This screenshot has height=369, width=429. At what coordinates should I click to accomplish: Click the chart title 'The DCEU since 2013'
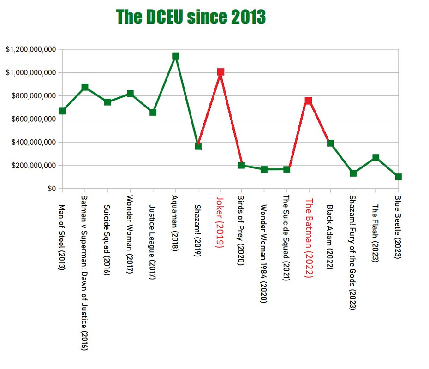(191, 17)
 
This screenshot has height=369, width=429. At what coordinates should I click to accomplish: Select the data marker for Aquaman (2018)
(175, 56)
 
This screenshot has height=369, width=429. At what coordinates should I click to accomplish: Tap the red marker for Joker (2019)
(220, 72)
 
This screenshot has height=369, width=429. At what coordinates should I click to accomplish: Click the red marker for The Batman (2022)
(308, 101)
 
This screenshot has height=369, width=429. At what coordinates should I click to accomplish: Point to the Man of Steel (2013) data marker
(62, 111)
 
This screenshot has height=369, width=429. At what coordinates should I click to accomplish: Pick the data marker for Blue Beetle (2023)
(398, 177)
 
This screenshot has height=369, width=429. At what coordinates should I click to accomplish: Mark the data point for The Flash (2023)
(375, 158)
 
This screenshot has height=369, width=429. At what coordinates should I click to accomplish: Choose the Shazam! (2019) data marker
(198, 146)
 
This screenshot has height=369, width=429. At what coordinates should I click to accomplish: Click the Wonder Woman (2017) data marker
(130, 94)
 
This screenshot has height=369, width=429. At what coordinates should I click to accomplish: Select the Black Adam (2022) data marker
(330, 143)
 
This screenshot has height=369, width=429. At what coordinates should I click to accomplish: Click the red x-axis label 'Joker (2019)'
(220, 222)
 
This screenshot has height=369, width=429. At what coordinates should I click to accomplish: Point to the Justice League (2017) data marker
(153, 112)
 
